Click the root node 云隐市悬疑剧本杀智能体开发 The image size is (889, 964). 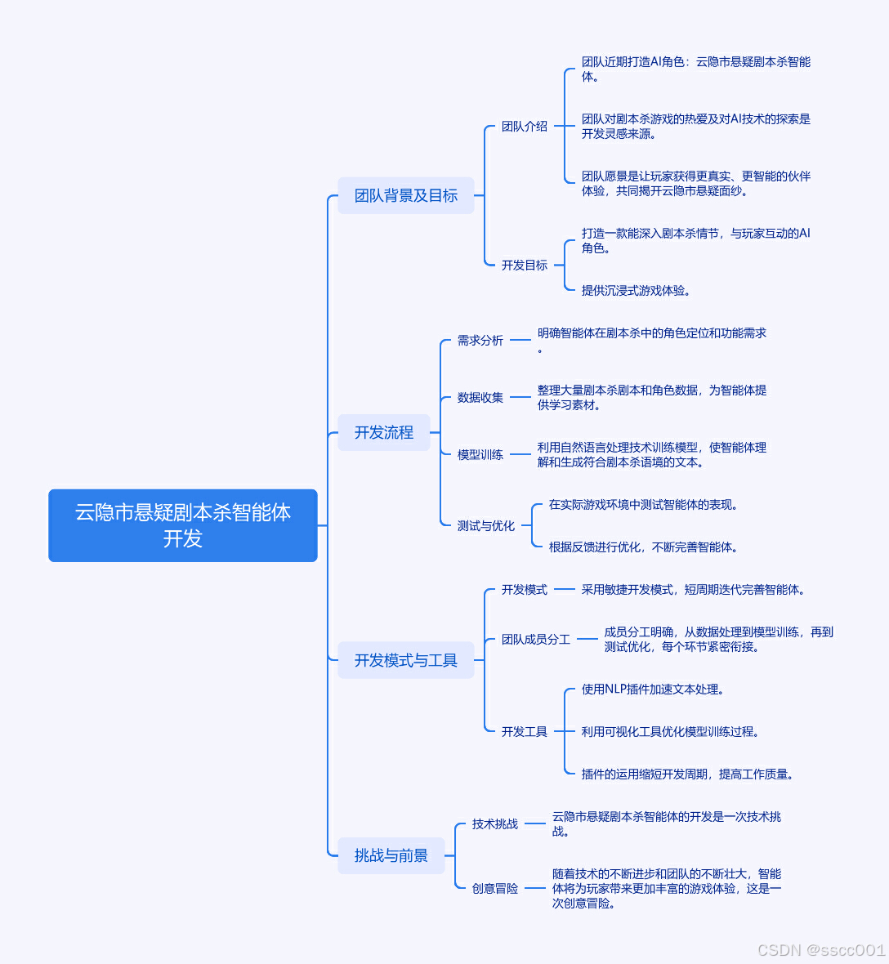point(183,525)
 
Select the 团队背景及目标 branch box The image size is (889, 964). point(406,195)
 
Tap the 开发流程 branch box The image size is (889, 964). point(384,432)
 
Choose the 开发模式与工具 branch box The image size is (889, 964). point(406,660)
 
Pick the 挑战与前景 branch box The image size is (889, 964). point(391,855)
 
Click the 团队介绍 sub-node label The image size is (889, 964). point(525,127)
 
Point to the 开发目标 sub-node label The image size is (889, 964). point(525,266)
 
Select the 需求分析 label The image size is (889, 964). point(480,341)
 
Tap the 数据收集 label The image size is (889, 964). point(480,398)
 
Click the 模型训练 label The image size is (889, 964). point(480,455)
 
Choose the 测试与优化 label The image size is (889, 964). point(486,526)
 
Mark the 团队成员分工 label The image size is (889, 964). point(536,640)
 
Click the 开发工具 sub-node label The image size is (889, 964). point(525,732)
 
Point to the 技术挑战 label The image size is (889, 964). point(495,824)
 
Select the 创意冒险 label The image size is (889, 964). point(495,889)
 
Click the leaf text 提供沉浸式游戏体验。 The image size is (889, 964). point(637,291)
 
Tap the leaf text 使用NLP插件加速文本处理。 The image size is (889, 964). point(653,690)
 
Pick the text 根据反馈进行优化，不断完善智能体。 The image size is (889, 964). point(645,547)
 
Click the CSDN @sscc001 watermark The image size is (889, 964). point(821,950)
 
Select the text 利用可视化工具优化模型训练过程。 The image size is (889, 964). point(671,732)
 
